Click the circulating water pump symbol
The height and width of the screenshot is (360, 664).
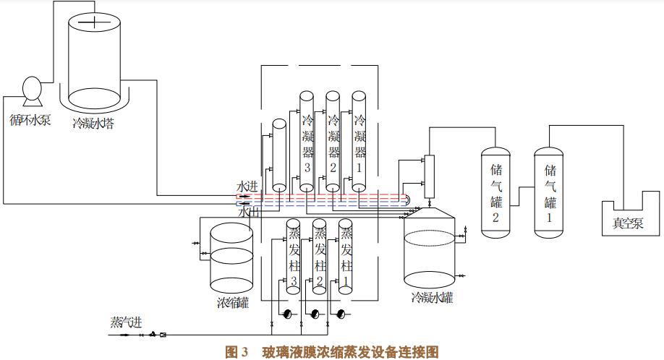coord(30,89)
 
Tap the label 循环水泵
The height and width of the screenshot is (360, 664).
coord(30,119)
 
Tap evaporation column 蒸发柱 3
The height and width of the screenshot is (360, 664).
coord(294,257)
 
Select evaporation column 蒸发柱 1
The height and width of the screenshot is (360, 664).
coord(346,257)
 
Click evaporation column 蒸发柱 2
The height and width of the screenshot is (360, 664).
coord(320,257)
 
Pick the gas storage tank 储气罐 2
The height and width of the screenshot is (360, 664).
coord(496,192)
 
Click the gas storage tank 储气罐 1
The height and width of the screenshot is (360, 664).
coord(549,192)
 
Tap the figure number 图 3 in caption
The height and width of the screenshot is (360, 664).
coord(237,352)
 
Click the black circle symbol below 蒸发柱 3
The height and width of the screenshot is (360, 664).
coord(287,314)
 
